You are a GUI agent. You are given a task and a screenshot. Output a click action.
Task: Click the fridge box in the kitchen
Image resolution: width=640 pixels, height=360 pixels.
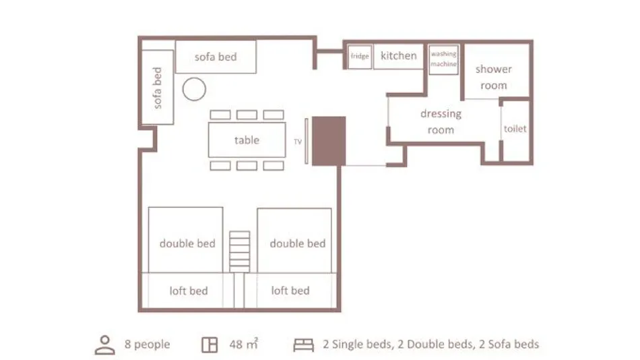click(360, 57)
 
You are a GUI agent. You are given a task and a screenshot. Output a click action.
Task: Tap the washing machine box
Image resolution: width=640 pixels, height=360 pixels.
click(444, 59)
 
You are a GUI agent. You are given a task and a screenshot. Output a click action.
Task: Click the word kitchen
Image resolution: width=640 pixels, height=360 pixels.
click(399, 55)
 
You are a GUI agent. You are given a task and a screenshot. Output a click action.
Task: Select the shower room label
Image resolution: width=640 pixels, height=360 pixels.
click(493, 78)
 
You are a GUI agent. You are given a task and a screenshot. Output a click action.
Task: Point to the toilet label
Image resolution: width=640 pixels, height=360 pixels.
click(515, 129)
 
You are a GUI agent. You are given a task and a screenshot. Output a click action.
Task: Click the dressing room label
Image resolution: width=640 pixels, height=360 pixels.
click(441, 121)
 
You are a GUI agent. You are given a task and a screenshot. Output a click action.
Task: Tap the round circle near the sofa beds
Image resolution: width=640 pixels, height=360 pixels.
click(194, 89)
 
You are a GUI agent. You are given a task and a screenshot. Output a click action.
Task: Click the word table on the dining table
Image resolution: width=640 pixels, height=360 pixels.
click(247, 140)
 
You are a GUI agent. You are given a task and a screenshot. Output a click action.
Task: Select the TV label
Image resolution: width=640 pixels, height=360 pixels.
click(298, 142)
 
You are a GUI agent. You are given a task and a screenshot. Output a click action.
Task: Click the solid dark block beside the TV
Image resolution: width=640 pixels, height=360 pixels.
click(329, 141)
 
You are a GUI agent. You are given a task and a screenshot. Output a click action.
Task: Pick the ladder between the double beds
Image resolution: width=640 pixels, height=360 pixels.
click(240, 251)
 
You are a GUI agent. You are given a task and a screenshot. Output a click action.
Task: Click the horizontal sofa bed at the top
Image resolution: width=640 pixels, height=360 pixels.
click(216, 57)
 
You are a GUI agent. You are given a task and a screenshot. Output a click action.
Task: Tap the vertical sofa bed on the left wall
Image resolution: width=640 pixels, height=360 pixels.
click(158, 88)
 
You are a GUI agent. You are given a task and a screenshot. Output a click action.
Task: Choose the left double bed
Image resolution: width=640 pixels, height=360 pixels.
click(186, 240)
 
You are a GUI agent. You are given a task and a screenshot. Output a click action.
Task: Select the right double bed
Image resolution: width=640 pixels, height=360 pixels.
click(294, 241)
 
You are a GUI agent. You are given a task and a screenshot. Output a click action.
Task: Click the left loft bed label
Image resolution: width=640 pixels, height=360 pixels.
click(189, 291)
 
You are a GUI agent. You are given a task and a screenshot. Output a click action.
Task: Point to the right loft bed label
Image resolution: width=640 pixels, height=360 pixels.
click(290, 291)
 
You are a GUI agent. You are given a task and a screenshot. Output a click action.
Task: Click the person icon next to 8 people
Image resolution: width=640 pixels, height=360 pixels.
click(105, 345)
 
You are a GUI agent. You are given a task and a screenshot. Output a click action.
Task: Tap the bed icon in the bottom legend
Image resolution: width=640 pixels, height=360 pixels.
click(304, 345)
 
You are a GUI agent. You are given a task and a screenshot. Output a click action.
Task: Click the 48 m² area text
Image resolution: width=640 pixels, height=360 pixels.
click(244, 344)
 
